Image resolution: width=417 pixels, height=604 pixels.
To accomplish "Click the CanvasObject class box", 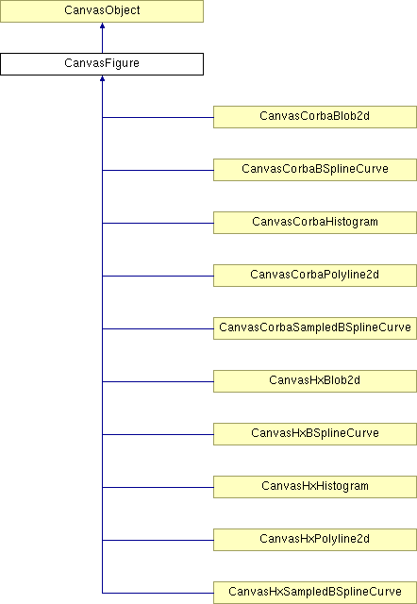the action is coord(102,10).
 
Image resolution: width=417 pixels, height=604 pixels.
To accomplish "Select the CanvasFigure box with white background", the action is coord(102,64).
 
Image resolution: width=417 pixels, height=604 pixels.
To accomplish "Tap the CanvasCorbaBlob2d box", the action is coord(315,117).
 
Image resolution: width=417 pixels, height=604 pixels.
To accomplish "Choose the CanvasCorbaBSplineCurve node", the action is coord(315,170).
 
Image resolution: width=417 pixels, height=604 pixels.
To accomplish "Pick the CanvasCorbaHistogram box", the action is coord(315,223).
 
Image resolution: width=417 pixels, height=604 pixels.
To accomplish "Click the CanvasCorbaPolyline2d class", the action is coord(315,275).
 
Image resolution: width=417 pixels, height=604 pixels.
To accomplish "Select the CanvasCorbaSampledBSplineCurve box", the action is coord(315,328).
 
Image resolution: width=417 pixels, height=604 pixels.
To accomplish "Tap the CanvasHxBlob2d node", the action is coord(315,381).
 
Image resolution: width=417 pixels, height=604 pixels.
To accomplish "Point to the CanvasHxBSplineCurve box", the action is coord(315,434).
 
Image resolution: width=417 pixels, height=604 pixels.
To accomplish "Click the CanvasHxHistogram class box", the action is coord(315,487).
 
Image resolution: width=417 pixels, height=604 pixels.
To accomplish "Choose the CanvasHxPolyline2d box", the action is coord(315,539).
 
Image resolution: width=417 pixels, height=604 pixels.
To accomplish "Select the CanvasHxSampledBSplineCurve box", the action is coord(315,593).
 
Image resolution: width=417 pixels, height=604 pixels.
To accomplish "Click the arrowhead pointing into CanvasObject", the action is coord(102,25).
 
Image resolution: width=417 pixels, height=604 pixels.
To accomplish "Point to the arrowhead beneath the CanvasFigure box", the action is coord(102,78).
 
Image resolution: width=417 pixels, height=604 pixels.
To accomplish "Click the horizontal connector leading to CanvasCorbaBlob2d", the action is coord(158,117).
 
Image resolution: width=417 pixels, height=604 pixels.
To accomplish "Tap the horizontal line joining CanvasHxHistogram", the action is coord(158,487).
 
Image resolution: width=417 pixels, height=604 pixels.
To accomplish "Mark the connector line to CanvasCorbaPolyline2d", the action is coord(158,276).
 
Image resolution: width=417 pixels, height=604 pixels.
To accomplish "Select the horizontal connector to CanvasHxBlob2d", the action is coord(158,381).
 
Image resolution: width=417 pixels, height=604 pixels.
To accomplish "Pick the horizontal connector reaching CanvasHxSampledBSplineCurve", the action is coord(158,593).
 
